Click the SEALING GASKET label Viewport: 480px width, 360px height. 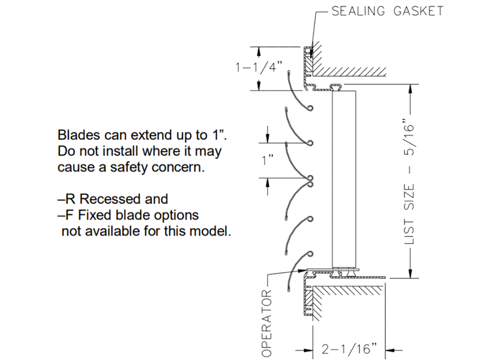click(388, 11)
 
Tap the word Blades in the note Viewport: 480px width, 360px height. click(76, 134)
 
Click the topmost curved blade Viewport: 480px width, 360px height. click(298, 91)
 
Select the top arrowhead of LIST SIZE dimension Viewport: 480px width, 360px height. click(410, 88)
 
